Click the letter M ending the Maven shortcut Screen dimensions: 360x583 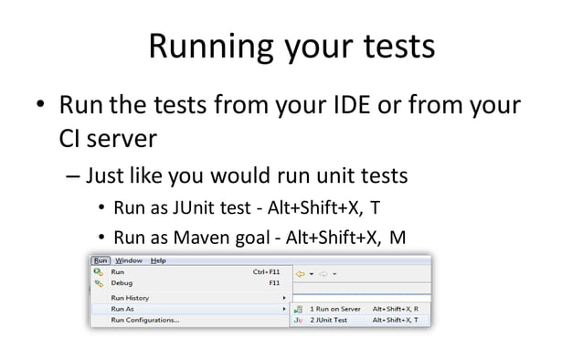click(x=397, y=238)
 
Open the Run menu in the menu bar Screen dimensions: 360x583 click(x=101, y=260)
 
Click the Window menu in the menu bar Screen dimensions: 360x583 click(x=128, y=260)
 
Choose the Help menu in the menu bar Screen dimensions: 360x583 click(x=158, y=260)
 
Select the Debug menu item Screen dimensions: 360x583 click(x=122, y=283)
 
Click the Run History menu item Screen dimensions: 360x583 click(x=130, y=298)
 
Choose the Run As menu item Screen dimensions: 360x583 click(x=122, y=309)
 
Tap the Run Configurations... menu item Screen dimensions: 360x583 click(x=144, y=320)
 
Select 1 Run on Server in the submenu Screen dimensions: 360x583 click(x=339, y=309)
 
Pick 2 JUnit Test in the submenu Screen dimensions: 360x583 click(x=332, y=320)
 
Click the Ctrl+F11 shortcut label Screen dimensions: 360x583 click(x=266, y=271)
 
